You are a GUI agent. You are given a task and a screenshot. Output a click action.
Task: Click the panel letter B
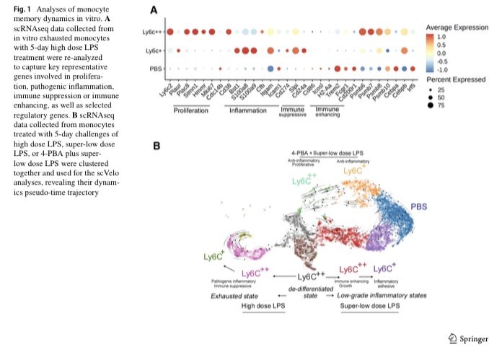(154, 146)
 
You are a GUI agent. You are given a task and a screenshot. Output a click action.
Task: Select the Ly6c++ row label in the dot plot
(154, 32)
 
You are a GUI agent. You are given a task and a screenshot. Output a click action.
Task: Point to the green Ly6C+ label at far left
(213, 256)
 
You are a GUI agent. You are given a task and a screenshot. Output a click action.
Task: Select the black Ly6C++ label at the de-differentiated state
(312, 276)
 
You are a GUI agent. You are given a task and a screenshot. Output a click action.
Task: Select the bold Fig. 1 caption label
(17, 7)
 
